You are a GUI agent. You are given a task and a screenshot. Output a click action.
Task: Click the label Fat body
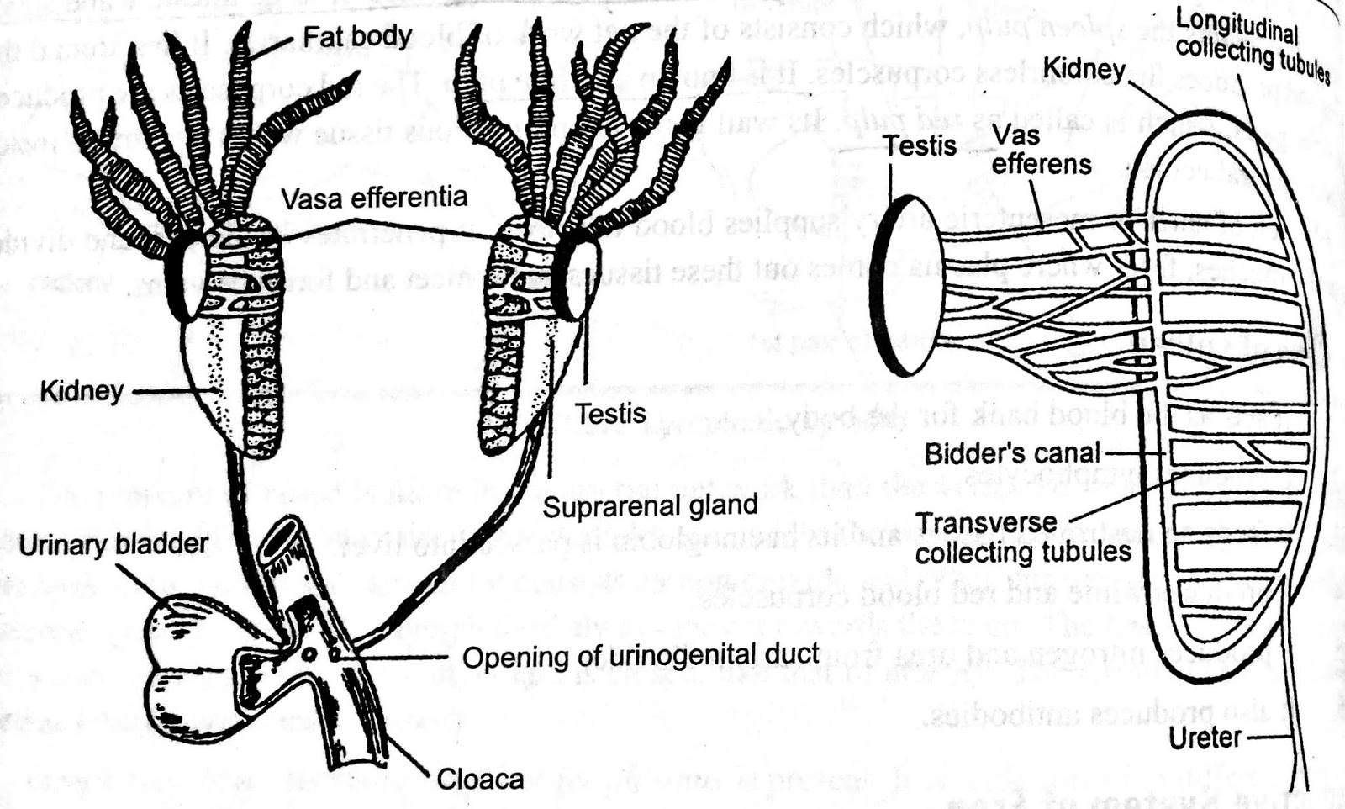tap(357, 37)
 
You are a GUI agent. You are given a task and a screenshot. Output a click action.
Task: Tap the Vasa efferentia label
tap(373, 198)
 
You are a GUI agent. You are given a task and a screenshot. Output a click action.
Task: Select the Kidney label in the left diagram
tap(82, 391)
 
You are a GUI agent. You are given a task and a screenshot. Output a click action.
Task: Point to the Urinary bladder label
tap(113, 545)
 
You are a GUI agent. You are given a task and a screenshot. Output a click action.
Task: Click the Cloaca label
tap(480, 780)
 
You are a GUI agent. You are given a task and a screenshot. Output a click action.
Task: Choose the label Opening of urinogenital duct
tap(641, 656)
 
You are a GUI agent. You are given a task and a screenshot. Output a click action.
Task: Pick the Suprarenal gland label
tap(650, 505)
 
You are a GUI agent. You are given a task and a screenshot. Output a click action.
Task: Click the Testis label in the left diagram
tap(610, 414)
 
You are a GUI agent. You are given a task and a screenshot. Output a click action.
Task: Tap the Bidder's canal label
tap(1012, 453)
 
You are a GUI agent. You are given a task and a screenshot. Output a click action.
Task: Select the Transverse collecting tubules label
tap(1023, 538)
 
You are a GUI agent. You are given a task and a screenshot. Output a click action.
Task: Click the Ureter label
tap(1205, 738)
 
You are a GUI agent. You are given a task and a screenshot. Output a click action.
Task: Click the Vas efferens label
tap(1041, 150)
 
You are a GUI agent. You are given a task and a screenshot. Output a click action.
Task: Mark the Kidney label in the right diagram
tap(1084, 69)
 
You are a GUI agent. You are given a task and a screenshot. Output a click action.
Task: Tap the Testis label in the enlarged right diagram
tap(920, 145)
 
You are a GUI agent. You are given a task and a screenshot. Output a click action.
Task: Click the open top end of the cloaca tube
tap(282, 538)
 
